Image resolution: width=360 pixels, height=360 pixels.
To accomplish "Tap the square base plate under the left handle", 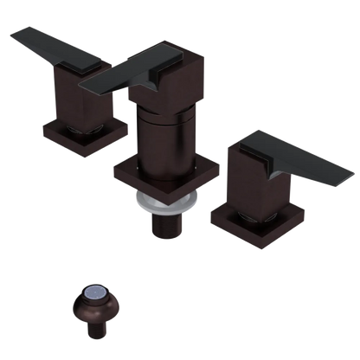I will (x=84, y=138).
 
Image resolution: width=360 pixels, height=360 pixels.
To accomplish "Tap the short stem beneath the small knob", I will (x=93, y=332).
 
